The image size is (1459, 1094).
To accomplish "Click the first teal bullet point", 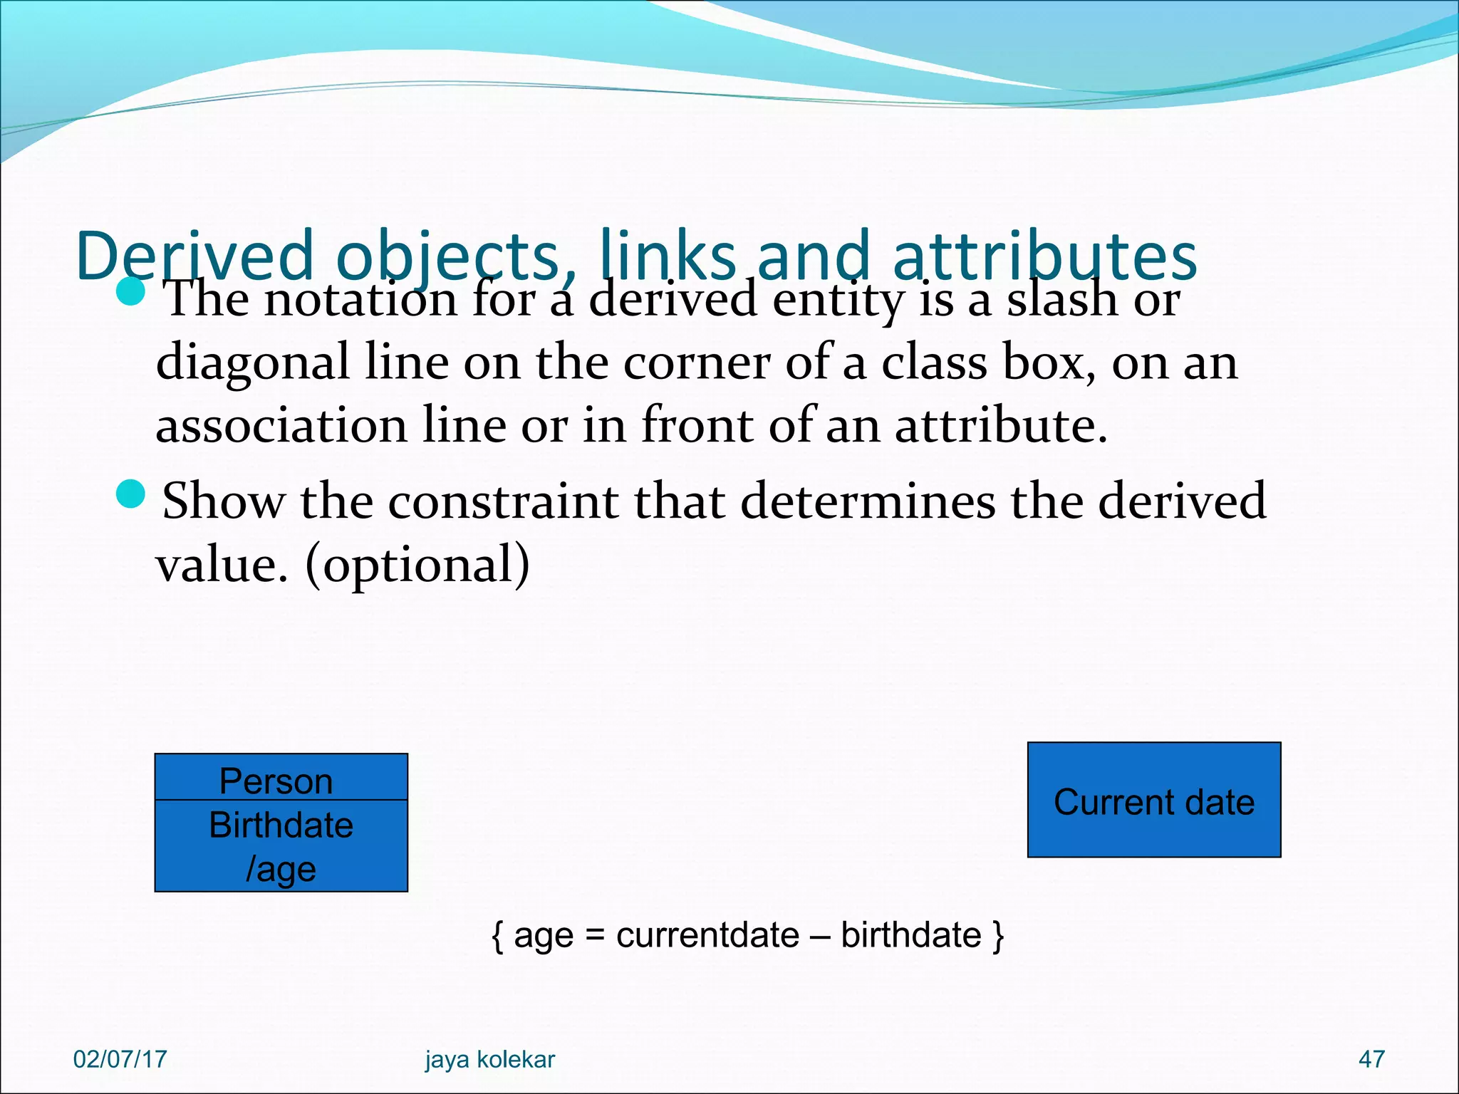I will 130,291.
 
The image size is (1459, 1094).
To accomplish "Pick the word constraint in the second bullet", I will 502,501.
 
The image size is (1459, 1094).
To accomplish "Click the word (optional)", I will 417,565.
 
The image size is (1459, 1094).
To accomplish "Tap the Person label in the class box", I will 276,781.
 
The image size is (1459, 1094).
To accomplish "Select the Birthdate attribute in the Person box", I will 281,825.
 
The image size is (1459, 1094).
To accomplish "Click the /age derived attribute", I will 281,869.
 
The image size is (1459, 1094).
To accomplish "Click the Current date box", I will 1153,801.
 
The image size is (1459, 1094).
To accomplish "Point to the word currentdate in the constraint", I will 707,935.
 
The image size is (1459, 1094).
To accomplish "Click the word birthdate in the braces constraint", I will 910,935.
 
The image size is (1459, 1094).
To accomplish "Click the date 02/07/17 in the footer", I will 120,1059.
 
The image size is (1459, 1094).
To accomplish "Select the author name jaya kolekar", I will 489,1059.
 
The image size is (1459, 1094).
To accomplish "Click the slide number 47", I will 1371,1059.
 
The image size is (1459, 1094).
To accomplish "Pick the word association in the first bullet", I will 281,426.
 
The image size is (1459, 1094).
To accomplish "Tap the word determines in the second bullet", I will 867,501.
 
